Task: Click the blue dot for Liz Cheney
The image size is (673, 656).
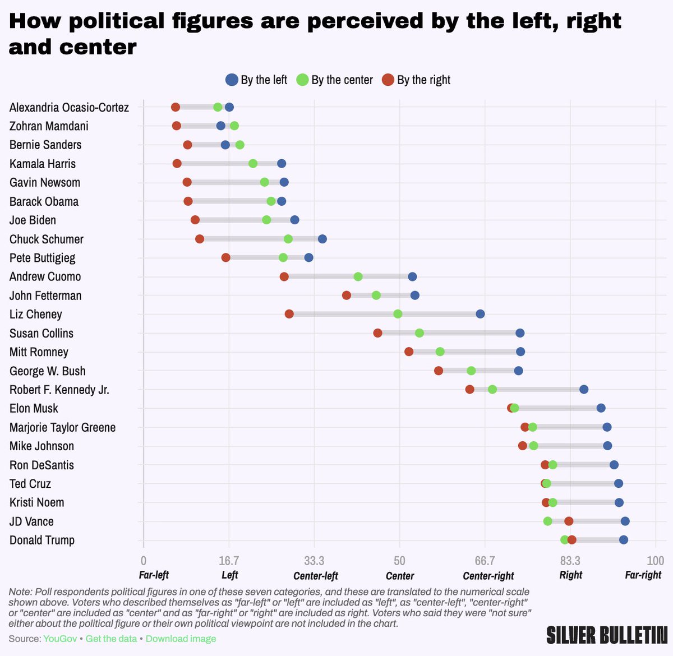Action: (x=480, y=314)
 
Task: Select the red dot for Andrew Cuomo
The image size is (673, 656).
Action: (x=284, y=276)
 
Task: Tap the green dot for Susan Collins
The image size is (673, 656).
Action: (x=420, y=333)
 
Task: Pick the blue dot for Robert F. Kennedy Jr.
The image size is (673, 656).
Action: (x=584, y=390)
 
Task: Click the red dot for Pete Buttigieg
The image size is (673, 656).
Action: (x=225, y=258)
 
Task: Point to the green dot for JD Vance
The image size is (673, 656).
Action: (x=548, y=521)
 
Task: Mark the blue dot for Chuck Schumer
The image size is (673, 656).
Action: (x=322, y=239)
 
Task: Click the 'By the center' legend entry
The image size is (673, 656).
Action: (x=335, y=80)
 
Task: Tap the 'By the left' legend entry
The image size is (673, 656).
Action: (x=257, y=80)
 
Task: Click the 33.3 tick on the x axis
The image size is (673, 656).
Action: (x=314, y=561)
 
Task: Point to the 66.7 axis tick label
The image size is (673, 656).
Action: (x=485, y=561)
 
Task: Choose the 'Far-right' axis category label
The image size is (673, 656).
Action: (x=643, y=575)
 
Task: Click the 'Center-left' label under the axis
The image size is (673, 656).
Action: (x=316, y=576)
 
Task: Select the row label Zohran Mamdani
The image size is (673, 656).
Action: (x=49, y=126)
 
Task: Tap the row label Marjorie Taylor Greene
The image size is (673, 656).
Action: (x=62, y=427)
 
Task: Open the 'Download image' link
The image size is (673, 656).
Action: (x=181, y=639)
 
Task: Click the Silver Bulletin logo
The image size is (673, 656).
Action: (x=607, y=635)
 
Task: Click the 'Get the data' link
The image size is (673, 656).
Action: (x=111, y=639)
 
